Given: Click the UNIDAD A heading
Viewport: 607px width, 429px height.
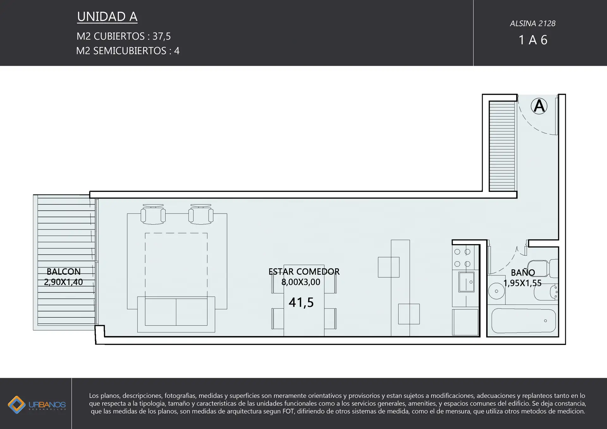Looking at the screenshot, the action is tap(107, 17).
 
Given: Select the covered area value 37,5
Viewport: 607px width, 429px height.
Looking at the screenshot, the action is tap(162, 37).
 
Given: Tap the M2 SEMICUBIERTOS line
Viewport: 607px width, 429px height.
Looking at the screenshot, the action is tap(128, 51).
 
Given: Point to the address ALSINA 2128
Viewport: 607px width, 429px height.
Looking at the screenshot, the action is tap(533, 24).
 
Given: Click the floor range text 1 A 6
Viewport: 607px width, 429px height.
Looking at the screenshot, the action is tap(533, 40).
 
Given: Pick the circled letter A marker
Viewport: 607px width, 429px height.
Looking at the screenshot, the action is tap(539, 106).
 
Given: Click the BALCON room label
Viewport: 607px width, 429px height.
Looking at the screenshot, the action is tap(64, 272).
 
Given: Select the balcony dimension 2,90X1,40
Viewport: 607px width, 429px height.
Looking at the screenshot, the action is tap(63, 282).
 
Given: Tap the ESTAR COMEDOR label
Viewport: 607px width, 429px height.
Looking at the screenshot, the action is tap(304, 272).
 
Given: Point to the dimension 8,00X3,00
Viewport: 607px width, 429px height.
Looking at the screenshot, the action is tap(301, 282).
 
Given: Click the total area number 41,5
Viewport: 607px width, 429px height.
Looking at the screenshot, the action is tap(301, 303).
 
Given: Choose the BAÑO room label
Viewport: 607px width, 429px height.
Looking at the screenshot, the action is tap(523, 272).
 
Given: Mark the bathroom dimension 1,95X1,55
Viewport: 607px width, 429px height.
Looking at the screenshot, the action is tap(522, 283).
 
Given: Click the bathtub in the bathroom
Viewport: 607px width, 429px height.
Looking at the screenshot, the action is tap(524, 321).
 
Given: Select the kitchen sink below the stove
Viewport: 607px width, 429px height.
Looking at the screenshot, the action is tap(466, 281).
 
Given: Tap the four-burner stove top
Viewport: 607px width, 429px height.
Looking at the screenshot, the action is tap(462, 258).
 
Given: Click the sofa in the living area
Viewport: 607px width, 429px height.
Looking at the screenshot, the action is tap(176, 314).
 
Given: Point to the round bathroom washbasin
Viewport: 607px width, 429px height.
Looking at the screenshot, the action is tap(496, 291).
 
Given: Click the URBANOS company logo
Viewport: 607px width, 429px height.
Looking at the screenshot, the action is tap(37, 405).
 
